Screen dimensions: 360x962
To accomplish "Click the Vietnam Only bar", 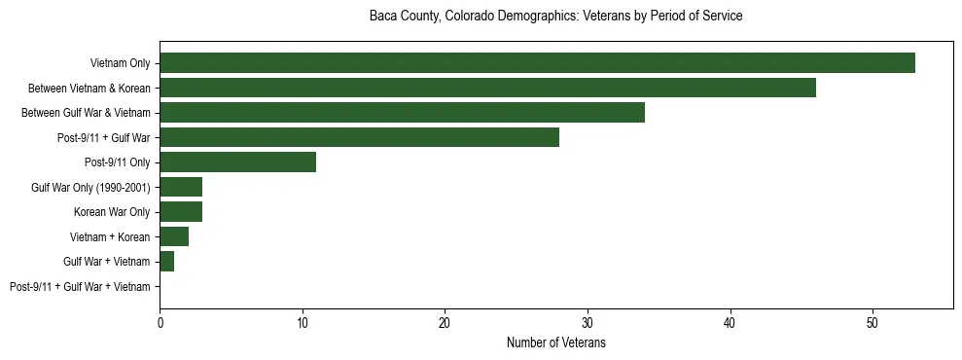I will pos(537,63).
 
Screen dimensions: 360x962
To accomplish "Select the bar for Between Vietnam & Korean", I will pos(487,88).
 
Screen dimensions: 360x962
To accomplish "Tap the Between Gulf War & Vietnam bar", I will pos(402,113).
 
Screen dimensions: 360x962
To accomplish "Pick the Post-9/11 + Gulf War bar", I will pos(359,137).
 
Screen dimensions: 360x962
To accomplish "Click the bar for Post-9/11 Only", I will pos(238,162).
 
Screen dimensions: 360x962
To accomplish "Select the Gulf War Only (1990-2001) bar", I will pos(181,187).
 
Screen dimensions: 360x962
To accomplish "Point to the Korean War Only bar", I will pos(181,212).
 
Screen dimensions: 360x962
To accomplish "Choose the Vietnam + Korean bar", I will pos(174,236).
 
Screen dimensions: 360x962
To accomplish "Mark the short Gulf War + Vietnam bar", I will pos(167,262).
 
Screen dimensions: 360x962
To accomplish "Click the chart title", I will pos(556,17).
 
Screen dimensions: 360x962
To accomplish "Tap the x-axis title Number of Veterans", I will pos(556,342).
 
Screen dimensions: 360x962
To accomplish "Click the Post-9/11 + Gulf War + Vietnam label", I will pos(80,287).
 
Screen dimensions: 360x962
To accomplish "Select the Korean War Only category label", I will pos(112,212).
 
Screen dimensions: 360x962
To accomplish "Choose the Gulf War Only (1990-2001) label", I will pos(90,187).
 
